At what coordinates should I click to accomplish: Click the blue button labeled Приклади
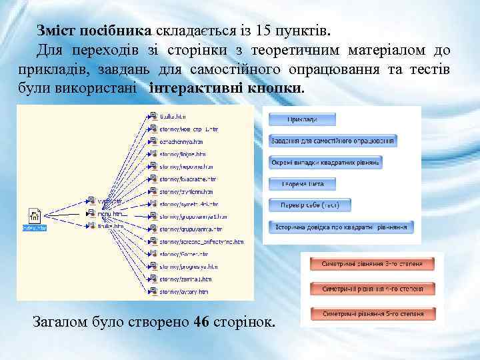pyautogui.click(x=302, y=119)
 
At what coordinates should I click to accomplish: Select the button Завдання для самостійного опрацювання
pyautogui.click(x=333, y=141)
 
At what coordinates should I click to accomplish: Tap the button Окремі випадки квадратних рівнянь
pyautogui.click(x=325, y=162)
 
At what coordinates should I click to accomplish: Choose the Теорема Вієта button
pyautogui.click(x=302, y=183)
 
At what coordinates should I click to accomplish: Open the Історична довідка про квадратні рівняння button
pyautogui.click(x=341, y=227)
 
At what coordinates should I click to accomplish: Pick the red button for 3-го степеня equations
pyautogui.click(x=372, y=264)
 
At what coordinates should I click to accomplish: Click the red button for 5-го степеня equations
pyautogui.click(x=372, y=313)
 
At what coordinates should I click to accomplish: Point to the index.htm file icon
pyautogui.click(x=35, y=216)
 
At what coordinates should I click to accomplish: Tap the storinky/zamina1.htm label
pyautogui.click(x=185, y=279)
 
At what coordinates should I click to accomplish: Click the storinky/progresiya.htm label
pyautogui.click(x=187, y=266)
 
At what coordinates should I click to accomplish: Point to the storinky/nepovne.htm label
pyautogui.click(x=186, y=167)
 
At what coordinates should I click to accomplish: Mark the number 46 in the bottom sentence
pyautogui.click(x=201, y=323)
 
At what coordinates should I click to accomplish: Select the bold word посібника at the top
pyautogui.click(x=116, y=31)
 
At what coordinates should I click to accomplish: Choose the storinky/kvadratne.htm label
pyautogui.click(x=187, y=179)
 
